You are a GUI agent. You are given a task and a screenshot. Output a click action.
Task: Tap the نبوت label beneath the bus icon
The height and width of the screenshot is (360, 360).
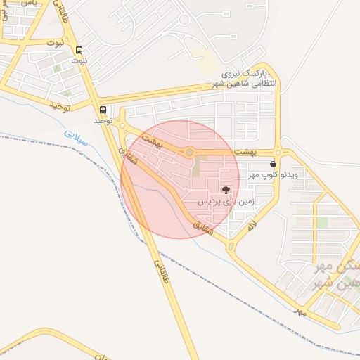click(x=79, y=61)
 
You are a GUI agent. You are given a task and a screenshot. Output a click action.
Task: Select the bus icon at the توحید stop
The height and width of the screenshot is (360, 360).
click(x=103, y=110)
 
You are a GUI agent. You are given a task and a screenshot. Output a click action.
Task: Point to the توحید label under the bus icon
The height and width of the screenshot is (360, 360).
click(x=103, y=120)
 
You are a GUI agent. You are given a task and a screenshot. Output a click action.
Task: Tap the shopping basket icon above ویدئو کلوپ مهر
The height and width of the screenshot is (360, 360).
click(x=273, y=163)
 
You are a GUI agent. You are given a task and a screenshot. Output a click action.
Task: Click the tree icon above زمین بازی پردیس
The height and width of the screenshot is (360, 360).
click(x=225, y=190)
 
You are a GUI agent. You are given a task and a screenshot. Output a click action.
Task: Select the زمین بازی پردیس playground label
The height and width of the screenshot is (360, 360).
click(x=225, y=201)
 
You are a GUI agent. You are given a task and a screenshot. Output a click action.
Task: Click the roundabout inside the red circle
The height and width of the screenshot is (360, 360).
click(x=189, y=152)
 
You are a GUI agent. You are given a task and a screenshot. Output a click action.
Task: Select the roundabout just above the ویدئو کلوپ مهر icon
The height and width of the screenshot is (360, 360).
click(x=278, y=152)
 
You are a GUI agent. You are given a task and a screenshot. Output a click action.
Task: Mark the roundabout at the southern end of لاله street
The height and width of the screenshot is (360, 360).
click(x=231, y=246)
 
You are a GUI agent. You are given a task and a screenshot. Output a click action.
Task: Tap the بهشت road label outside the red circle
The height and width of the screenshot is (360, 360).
click(x=263, y=151)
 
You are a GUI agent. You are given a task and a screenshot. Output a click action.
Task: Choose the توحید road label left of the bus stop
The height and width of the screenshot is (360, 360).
click(x=62, y=105)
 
